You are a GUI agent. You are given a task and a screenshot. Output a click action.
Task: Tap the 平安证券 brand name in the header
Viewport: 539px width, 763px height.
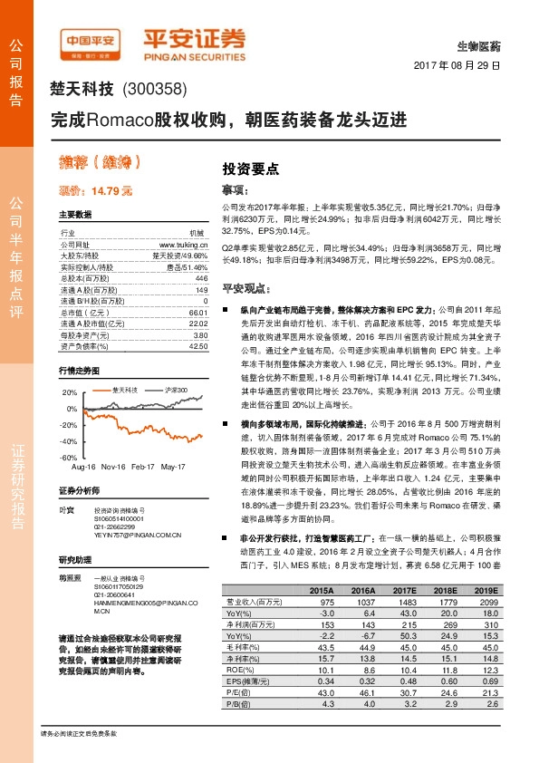point(195,40)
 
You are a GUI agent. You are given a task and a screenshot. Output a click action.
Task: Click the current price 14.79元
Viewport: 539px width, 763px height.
point(95,191)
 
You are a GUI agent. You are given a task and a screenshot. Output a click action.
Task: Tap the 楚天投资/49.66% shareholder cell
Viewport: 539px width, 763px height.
point(181,256)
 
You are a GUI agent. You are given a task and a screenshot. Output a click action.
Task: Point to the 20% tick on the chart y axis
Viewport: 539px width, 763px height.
point(70,393)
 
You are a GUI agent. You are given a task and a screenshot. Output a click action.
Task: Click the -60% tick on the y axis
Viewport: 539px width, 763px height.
point(69,459)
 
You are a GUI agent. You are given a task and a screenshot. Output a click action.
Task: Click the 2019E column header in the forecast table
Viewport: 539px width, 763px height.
point(486,590)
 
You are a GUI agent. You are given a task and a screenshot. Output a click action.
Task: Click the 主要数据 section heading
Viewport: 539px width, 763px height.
point(75,216)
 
